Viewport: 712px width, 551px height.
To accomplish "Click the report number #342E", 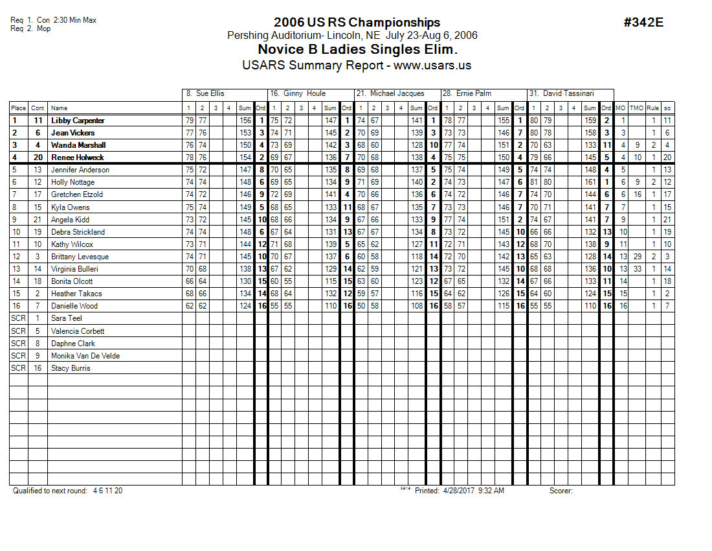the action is click(x=643, y=23).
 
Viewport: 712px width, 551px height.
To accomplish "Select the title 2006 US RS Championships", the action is click(x=357, y=23).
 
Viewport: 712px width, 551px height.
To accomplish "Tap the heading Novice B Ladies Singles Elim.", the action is click(x=357, y=49).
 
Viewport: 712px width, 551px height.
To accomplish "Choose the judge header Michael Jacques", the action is click(x=397, y=93).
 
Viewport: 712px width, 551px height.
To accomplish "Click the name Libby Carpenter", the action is click(x=78, y=121).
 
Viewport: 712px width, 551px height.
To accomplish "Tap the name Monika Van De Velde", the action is click(x=85, y=356).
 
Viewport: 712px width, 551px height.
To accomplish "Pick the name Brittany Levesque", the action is click(x=80, y=257).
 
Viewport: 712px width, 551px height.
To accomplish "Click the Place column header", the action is click(x=18, y=108).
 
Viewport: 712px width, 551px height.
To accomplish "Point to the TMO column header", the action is click(x=637, y=108).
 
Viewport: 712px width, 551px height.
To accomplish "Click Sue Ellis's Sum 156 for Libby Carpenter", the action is click(x=245, y=121).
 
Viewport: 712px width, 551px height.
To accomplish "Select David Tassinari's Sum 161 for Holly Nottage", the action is click(x=590, y=182).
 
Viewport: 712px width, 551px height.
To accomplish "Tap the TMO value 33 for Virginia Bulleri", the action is click(x=638, y=269).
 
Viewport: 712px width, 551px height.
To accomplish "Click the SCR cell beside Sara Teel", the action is click(x=18, y=318).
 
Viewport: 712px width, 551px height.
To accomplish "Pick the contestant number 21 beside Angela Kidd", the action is click(x=38, y=220).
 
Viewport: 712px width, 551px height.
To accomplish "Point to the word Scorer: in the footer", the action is click(x=561, y=491).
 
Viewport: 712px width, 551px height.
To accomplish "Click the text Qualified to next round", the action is click(x=50, y=491).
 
